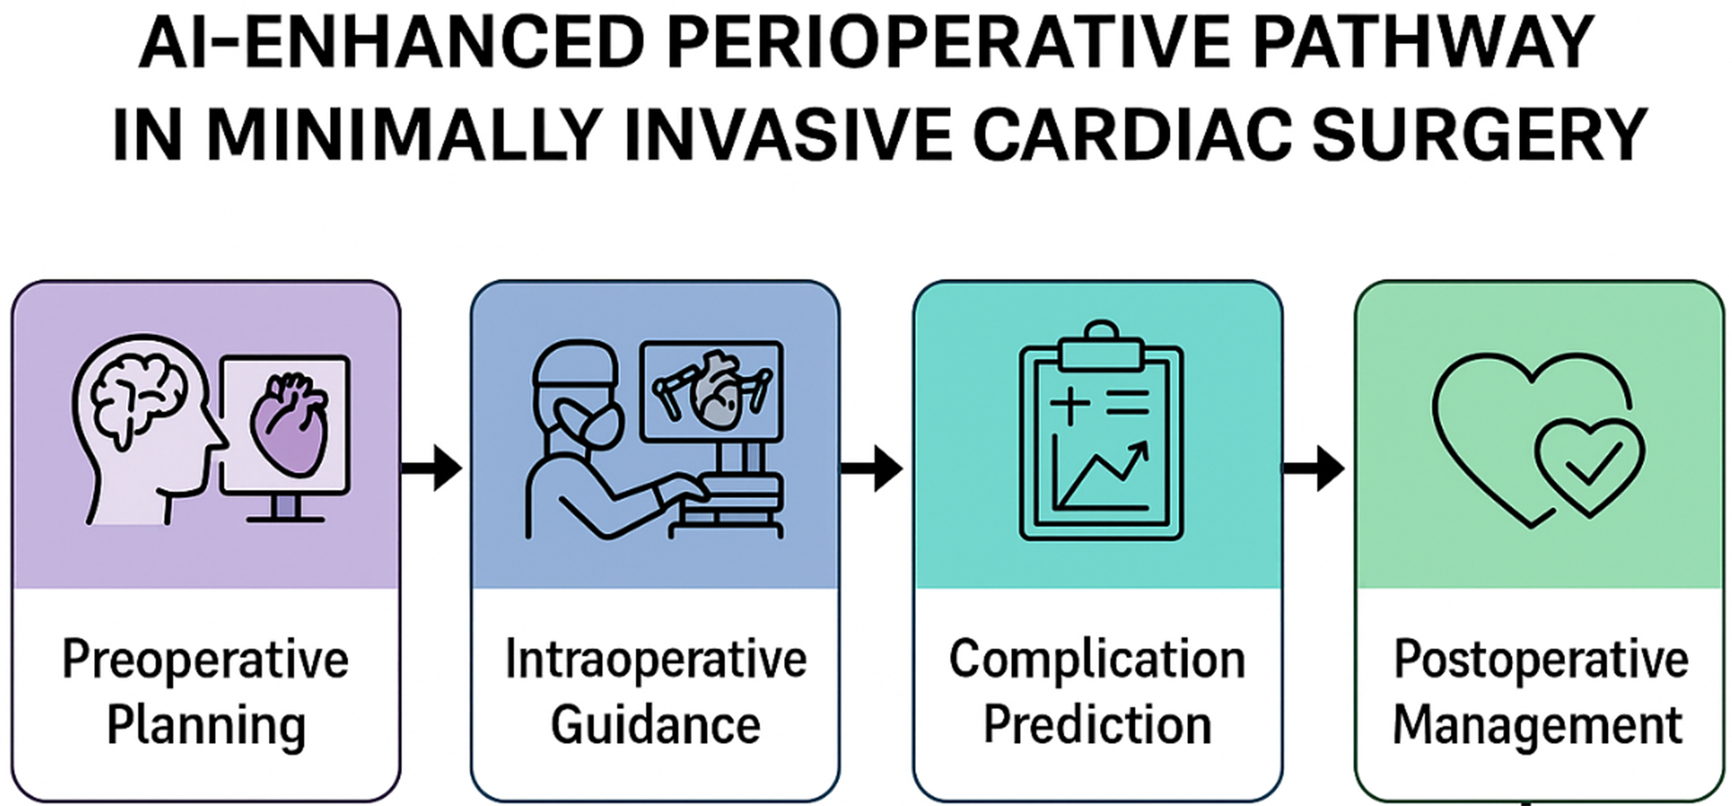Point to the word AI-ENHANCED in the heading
pos(390,45)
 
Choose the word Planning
pos(206,726)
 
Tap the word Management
pos(1538,726)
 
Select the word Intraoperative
pos(656,661)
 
